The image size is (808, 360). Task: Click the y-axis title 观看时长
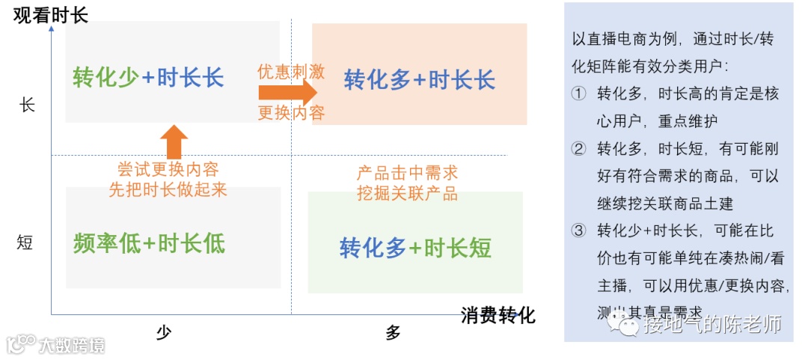51,13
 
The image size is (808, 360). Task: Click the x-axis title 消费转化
498,315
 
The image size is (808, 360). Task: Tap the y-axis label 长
27,105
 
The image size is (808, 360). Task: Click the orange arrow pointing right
288,93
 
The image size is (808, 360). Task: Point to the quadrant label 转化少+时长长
148,78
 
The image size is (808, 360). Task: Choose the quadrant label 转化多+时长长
419,79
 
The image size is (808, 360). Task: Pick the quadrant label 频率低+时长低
149,242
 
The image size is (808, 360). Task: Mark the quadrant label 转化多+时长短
415,248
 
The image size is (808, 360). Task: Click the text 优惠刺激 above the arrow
291,71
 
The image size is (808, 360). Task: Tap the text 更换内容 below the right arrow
291,114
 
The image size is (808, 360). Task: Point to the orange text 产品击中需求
407,174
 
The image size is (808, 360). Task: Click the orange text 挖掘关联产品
407,194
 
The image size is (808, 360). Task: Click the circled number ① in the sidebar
578,94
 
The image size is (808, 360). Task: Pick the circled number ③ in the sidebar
578,231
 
